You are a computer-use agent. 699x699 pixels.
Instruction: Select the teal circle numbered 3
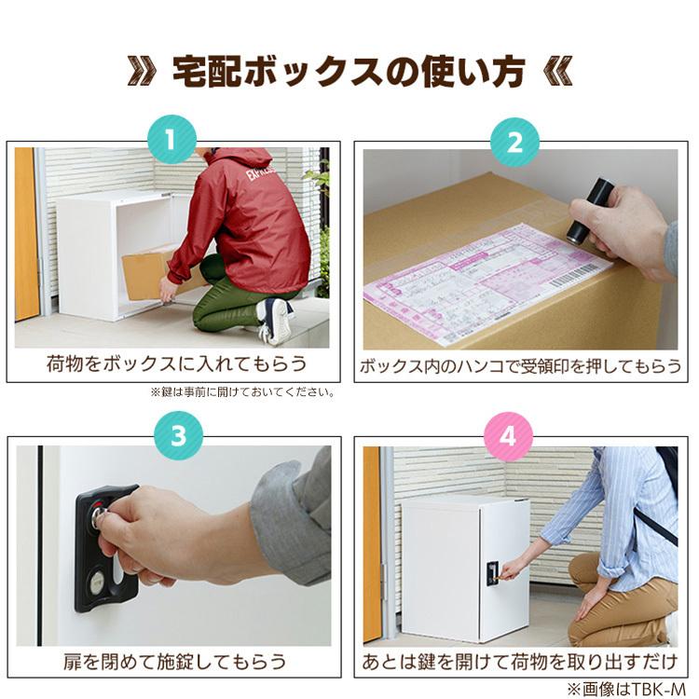point(172,436)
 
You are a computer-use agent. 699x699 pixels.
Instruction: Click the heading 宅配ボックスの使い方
point(349,71)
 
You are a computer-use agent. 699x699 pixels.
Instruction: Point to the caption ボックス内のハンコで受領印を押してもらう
point(520,365)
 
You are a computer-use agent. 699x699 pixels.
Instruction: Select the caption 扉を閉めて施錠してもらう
point(174,662)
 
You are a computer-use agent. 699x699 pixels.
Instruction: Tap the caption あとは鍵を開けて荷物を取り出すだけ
point(520,662)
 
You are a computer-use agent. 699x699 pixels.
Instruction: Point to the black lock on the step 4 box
point(492,573)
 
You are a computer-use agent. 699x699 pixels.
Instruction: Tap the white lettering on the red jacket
point(260,176)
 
